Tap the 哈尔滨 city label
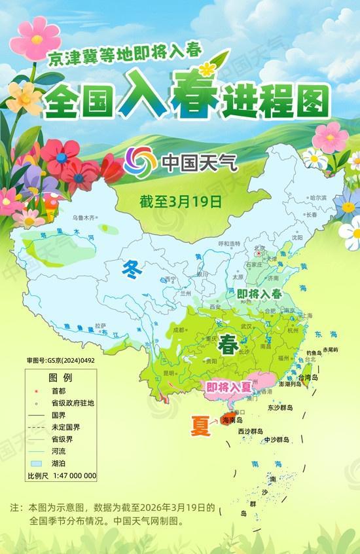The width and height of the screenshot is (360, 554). click(x=318, y=197)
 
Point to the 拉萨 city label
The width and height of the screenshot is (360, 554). click(x=100, y=325)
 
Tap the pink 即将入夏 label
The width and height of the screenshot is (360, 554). click(x=228, y=387)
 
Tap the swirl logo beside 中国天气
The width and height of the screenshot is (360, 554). click(x=137, y=160)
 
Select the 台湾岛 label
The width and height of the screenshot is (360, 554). click(x=308, y=379)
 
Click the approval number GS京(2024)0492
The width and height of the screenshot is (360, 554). click(x=60, y=360)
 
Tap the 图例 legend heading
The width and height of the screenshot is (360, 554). click(x=60, y=379)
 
